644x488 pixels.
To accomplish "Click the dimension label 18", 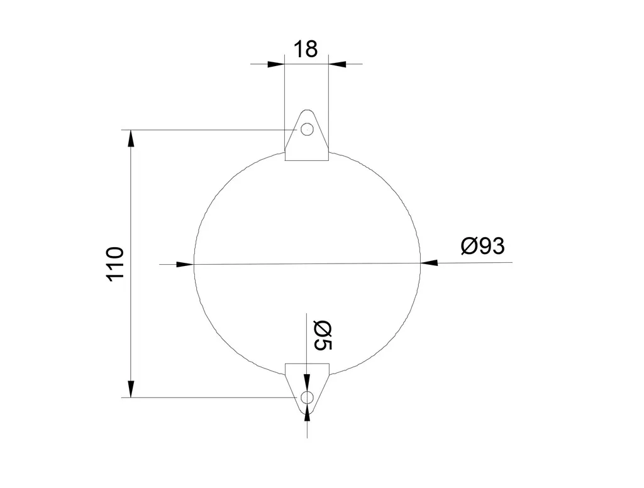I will (306, 48).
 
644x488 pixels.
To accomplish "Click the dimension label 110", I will (116, 263).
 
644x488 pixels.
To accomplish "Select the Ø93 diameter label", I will (482, 246).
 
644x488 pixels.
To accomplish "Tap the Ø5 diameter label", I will (322, 335).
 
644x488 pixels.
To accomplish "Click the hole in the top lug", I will (307, 130).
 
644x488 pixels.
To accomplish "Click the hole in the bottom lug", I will (307, 397).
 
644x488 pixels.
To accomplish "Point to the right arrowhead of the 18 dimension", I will (337, 64).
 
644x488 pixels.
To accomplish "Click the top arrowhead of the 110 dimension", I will (131, 138).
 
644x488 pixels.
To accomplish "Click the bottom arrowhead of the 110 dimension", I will (131, 390).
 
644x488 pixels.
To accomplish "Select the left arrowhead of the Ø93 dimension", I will (185, 264).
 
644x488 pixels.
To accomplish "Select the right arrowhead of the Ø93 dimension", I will (429, 262).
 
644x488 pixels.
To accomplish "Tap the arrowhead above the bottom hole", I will (307, 384).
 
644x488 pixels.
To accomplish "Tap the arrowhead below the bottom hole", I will (307, 411).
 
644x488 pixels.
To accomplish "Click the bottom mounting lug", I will (307, 377).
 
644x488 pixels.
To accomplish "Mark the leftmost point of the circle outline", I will (194, 264).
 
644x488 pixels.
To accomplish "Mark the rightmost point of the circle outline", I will (420, 262).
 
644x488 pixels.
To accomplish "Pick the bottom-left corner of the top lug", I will (286, 160).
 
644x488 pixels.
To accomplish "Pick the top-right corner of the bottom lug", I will (329, 363).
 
